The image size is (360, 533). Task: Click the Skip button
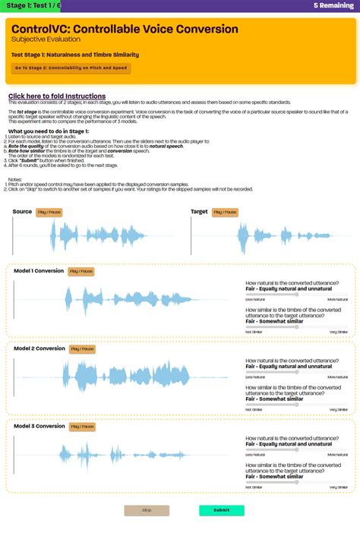pos(147,510)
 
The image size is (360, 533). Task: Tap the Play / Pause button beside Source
pos(49,213)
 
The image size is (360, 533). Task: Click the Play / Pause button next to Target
pos(226,213)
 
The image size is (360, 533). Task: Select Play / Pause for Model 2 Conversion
pos(82,349)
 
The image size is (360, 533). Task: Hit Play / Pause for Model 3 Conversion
pos(82,427)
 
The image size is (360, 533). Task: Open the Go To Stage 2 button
pos(71,68)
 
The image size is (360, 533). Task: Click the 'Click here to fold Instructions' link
pos(57,96)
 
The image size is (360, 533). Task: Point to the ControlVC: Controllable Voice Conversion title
pos(125,30)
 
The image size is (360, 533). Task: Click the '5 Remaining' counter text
pos(333,5)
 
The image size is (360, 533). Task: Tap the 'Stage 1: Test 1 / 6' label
pos(30,5)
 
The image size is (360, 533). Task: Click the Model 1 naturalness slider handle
pos(297,295)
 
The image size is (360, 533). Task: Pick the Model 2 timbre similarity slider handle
pos(297,404)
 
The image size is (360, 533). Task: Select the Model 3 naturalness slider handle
pos(297,449)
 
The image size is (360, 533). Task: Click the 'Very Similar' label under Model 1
pos(339,332)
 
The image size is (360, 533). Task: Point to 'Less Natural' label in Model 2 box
pos(254,377)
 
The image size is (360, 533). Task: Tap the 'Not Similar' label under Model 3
pos(253,487)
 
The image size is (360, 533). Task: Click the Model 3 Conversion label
pos(39,426)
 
